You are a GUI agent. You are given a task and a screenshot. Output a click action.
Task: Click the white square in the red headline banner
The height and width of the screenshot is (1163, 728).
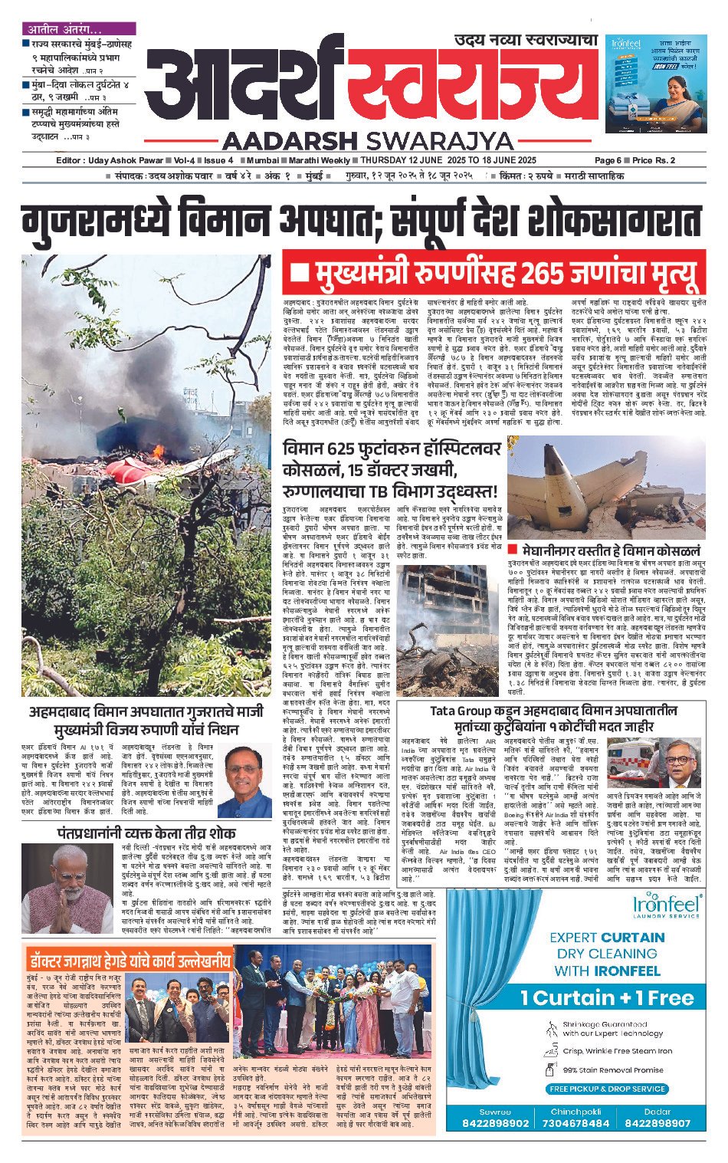(300, 274)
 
